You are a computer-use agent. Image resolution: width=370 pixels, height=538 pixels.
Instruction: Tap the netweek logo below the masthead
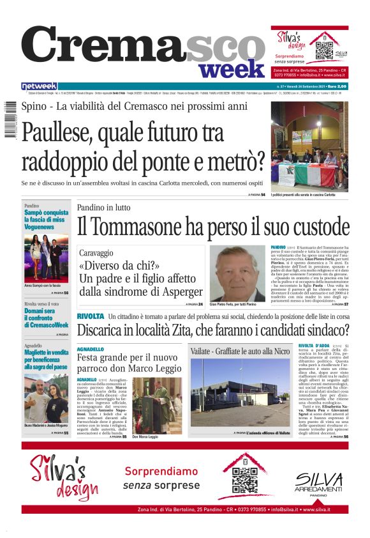pos(39,86)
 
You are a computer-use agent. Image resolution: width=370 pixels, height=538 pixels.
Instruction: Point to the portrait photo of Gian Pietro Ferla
pos(237,273)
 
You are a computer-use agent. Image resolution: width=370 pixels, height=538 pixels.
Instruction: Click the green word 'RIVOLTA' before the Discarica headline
pos(90,316)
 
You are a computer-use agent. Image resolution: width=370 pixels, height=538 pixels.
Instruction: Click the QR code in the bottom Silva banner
pos(246,476)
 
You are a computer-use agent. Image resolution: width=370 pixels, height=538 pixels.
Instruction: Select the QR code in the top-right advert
pos(324,47)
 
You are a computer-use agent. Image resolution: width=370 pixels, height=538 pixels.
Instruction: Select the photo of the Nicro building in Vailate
pos(240,394)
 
